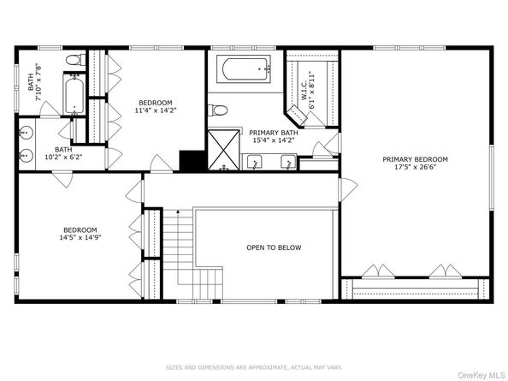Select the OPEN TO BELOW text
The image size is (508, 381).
coord(274,248)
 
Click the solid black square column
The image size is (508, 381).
coord(190,161)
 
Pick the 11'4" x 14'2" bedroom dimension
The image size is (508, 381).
coord(155,110)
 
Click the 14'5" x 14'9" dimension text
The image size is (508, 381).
coord(80,239)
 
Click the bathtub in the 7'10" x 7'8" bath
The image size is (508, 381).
coord(74,93)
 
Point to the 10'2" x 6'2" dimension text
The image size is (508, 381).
coord(64,158)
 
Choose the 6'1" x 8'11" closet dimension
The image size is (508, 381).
coord(313,87)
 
